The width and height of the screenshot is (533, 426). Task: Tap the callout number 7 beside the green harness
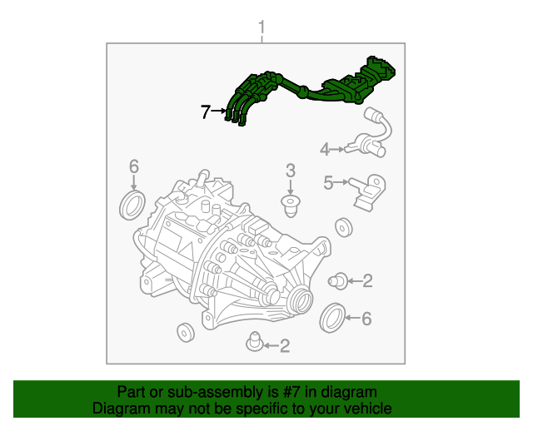tap(206, 111)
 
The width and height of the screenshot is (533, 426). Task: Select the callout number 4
tap(325, 150)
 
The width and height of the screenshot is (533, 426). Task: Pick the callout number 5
tap(328, 182)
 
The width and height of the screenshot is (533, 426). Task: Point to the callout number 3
tap(291, 171)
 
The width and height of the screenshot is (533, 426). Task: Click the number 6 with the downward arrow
tap(134, 167)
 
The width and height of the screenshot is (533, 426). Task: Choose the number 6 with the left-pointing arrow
tap(366, 318)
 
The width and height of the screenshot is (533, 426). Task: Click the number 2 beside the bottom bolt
tap(284, 345)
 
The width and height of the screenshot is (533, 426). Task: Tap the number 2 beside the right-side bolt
tap(366, 281)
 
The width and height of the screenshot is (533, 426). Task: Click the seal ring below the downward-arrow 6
tap(133, 205)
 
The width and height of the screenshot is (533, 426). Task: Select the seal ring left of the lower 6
tap(333, 317)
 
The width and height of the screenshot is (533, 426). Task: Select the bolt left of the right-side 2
tap(338, 280)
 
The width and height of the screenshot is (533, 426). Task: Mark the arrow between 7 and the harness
tap(219, 111)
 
